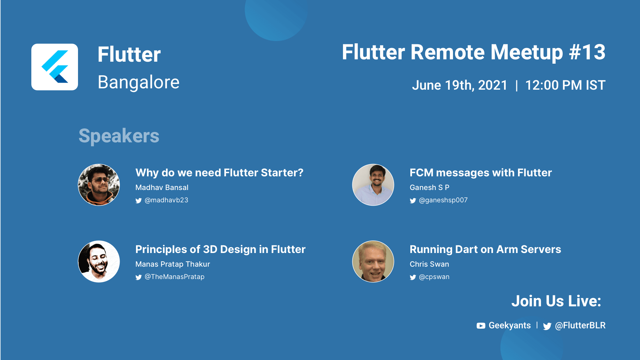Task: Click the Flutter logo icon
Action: click(55, 67)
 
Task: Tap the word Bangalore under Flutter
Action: click(139, 82)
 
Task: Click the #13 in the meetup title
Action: click(587, 52)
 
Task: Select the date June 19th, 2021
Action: click(459, 85)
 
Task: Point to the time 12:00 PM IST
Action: click(565, 85)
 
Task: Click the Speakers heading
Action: click(119, 136)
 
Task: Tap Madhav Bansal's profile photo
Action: click(99, 185)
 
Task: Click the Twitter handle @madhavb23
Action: click(166, 200)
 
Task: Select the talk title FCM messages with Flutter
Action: click(481, 173)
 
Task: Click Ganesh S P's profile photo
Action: click(373, 185)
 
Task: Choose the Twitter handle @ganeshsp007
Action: click(443, 200)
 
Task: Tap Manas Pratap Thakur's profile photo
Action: click(99, 261)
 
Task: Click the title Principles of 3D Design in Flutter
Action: click(220, 249)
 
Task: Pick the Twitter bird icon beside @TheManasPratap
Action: click(139, 277)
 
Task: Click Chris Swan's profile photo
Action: click(373, 261)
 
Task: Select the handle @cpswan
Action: click(434, 277)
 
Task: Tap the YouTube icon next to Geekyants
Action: click(481, 326)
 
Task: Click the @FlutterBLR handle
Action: click(580, 326)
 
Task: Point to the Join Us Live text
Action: click(556, 301)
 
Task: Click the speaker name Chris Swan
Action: click(429, 264)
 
